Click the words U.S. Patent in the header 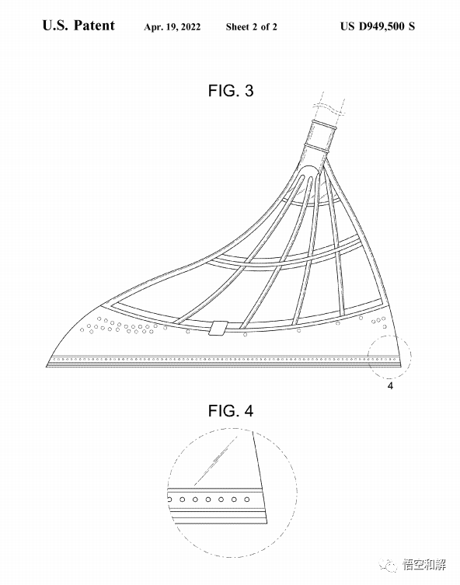click(x=78, y=26)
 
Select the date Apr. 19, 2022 click(x=172, y=27)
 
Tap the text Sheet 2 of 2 click(x=251, y=26)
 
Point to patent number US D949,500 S click(x=377, y=26)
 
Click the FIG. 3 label click(x=231, y=91)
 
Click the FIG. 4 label click(x=231, y=411)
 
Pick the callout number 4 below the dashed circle click(x=390, y=386)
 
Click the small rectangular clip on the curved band click(x=218, y=328)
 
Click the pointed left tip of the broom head click(x=47, y=367)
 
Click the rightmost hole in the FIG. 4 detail click(x=246, y=500)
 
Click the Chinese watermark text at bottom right click(x=424, y=565)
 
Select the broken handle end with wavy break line click(x=329, y=106)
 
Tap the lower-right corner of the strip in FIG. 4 click(x=267, y=522)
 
